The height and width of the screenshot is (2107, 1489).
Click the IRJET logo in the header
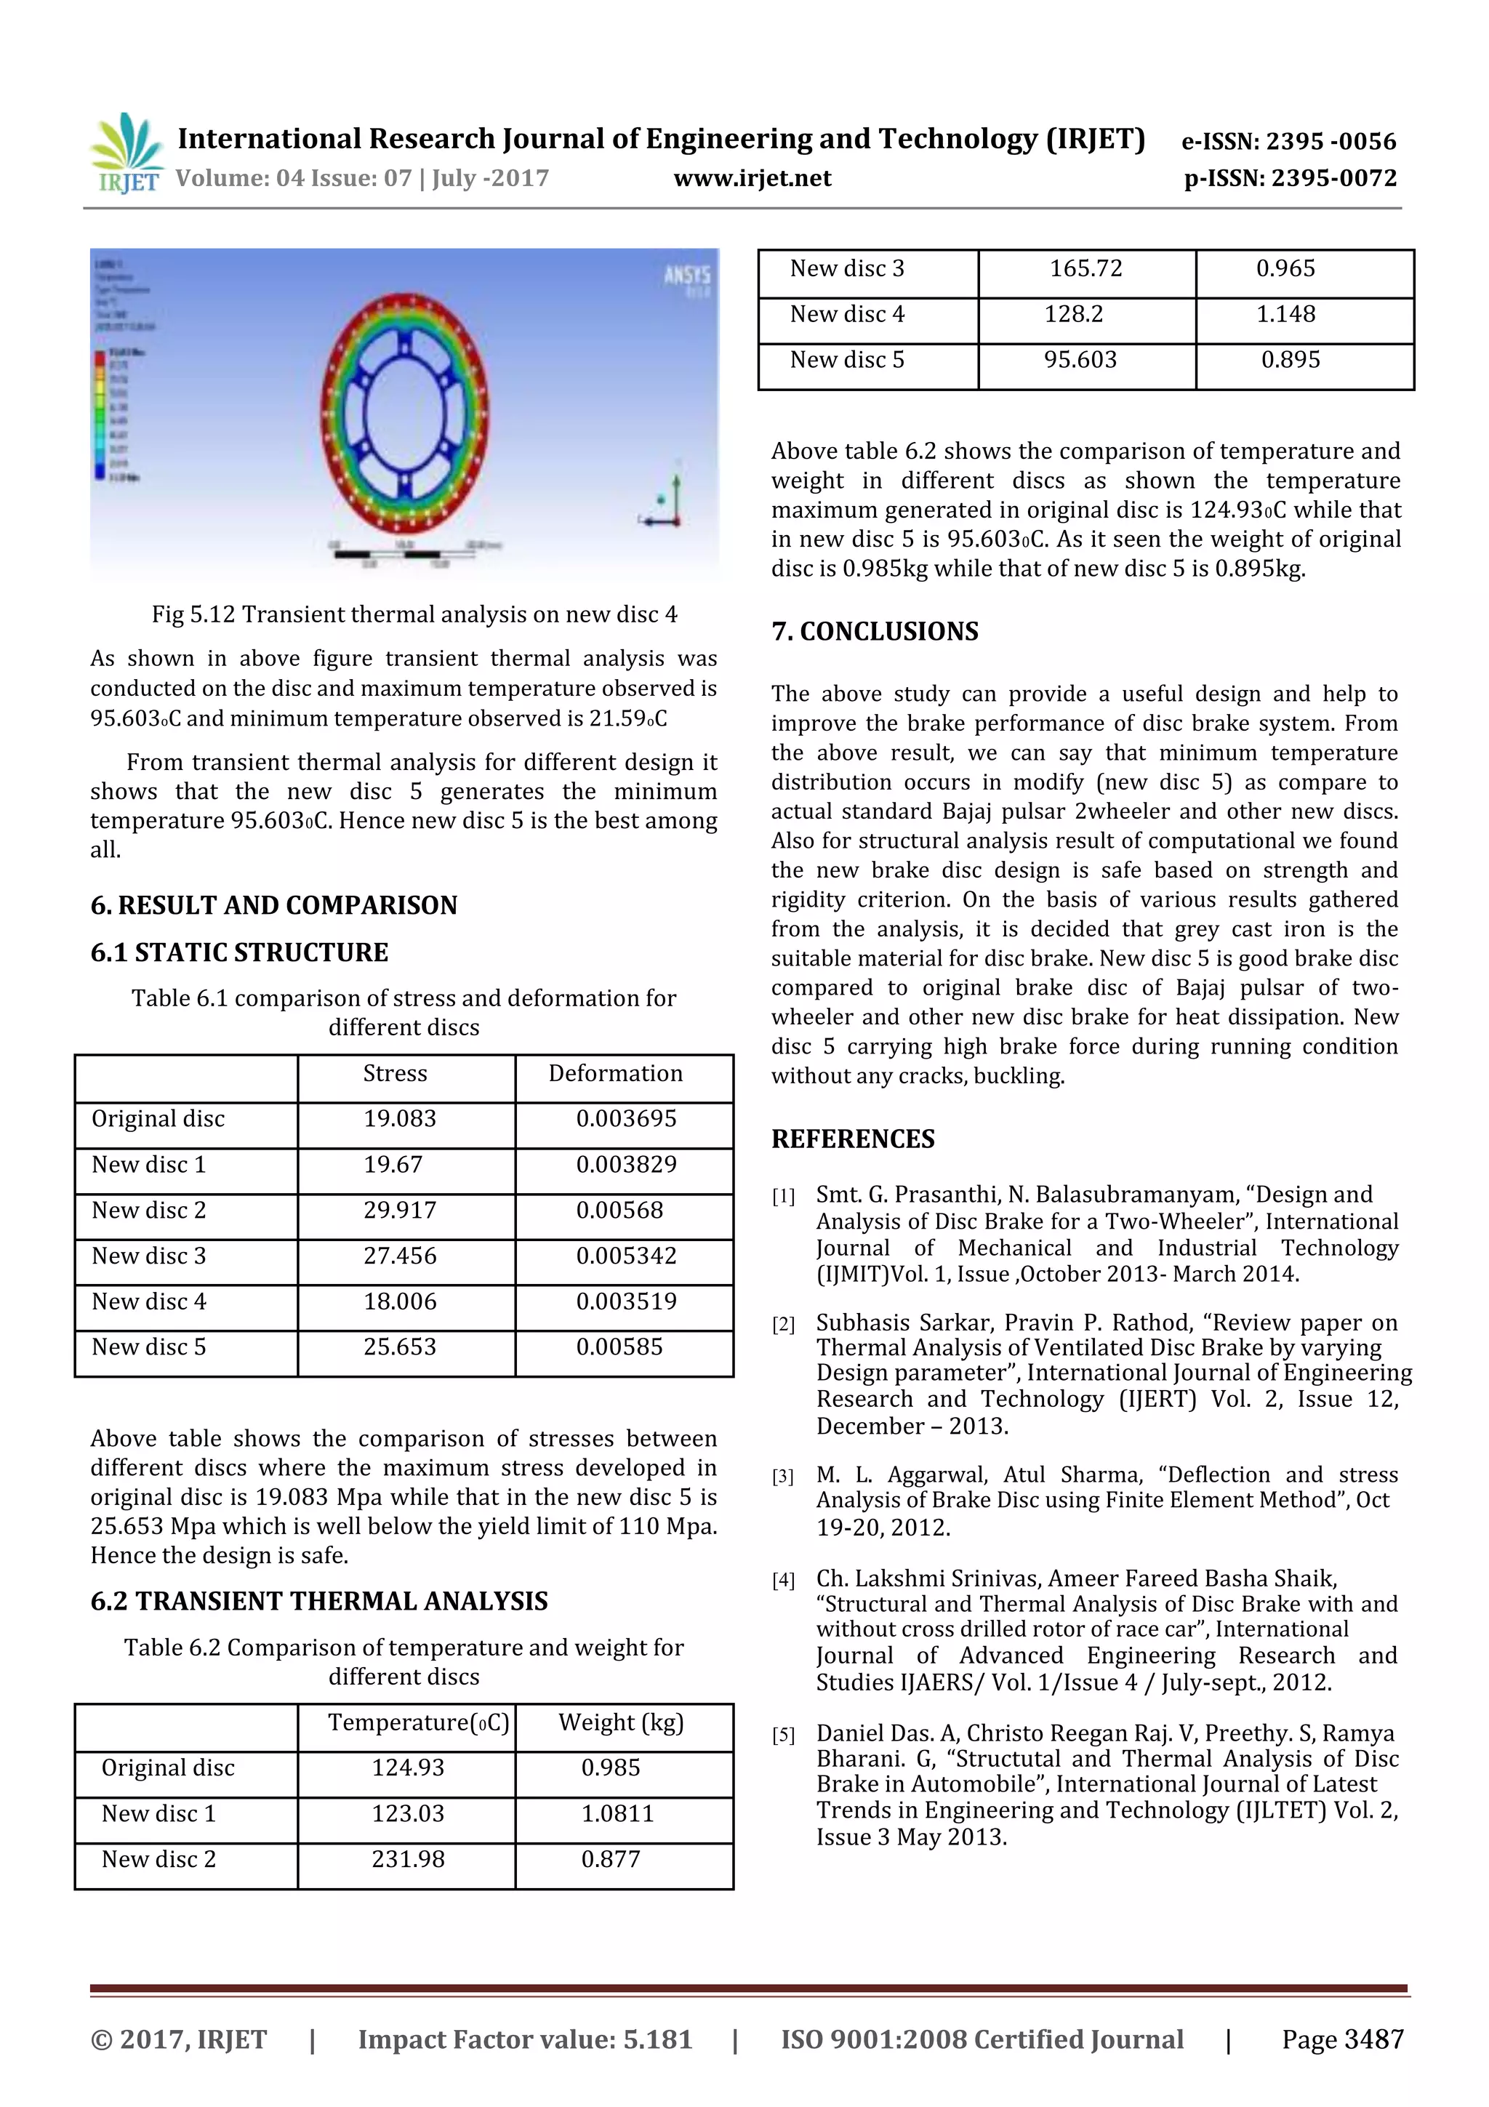pyautogui.click(x=127, y=153)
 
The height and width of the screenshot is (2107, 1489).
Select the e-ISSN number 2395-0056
pyautogui.click(x=1288, y=141)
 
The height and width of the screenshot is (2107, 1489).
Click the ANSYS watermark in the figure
pyautogui.click(x=687, y=276)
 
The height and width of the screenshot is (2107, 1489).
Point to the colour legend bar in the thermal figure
pyautogui.click(x=99, y=415)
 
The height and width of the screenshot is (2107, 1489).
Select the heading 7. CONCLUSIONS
pyautogui.click(x=875, y=631)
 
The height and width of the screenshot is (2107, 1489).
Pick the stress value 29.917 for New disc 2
pyautogui.click(x=399, y=1211)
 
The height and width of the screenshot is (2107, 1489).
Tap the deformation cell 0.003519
pyautogui.click(x=626, y=1301)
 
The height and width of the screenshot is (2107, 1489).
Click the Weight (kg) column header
pyautogui.click(x=621, y=1722)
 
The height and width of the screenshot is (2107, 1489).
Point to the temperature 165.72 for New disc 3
pyautogui.click(x=1085, y=269)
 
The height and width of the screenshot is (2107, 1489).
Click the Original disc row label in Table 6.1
pyautogui.click(x=158, y=1119)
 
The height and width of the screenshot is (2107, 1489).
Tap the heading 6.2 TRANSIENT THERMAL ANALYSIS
pyautogui.click(x=318, y=1602)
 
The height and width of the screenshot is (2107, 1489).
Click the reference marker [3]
pyautogui.click(x=782, y=1477)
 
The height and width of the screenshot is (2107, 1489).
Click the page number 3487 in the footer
pyautogui.click(x=1342, y=2039)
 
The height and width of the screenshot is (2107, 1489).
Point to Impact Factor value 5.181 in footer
pyautogui.click(x=524, y=2039)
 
